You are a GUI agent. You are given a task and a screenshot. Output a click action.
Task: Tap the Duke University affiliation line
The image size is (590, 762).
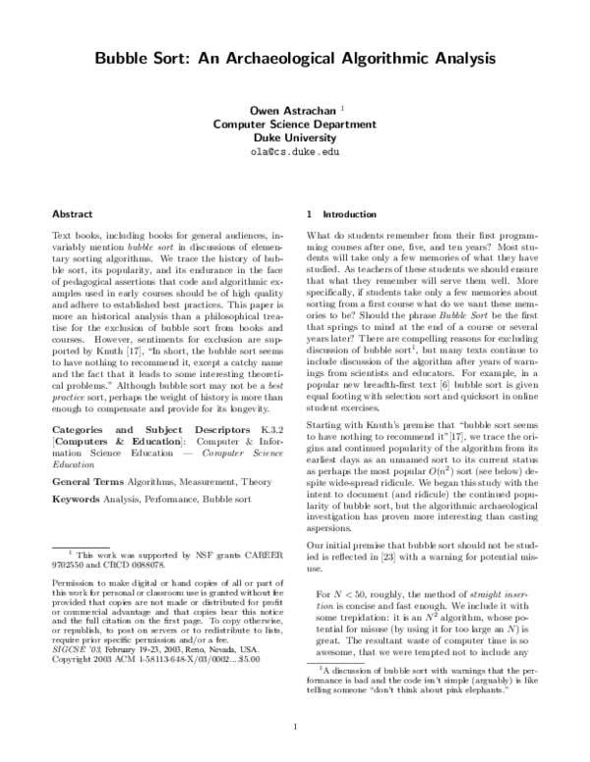click(295, 138)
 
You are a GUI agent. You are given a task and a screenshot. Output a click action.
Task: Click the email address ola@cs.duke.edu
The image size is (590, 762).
click(295, 153)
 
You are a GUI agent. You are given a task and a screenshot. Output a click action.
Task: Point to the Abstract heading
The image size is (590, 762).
click(72, 213)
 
